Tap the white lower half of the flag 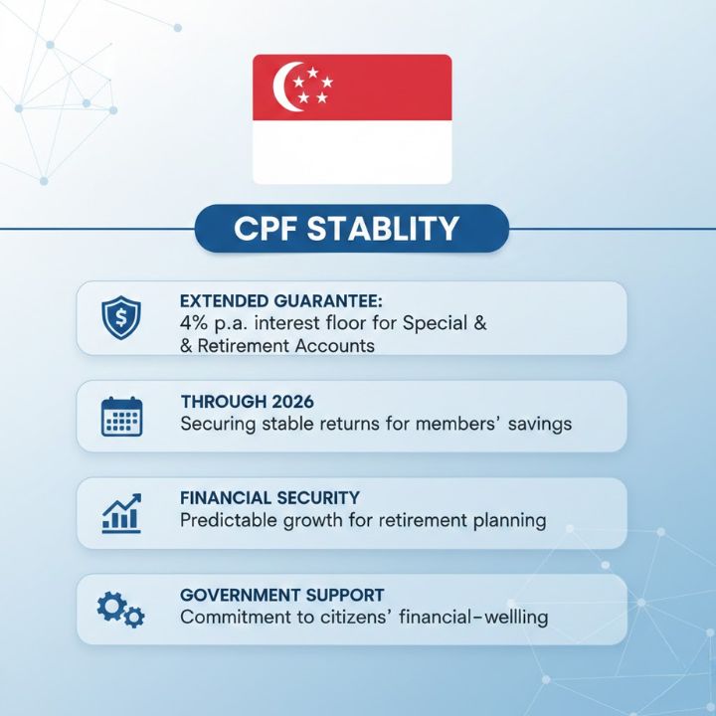tap(352, 152)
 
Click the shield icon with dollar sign tap(122, 318)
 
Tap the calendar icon tap(122, 416)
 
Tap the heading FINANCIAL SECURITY tap(269, 497)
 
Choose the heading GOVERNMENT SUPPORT tap(281, 595)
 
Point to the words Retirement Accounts tap(287, 345)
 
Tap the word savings tap(540, 424)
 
